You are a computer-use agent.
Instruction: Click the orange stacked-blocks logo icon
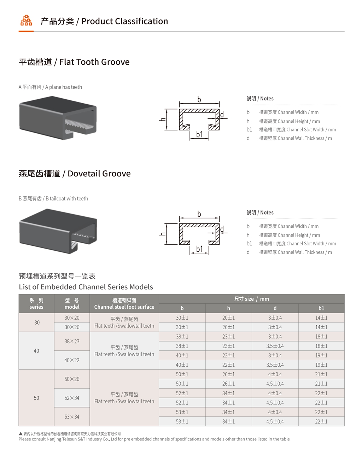point(26,20)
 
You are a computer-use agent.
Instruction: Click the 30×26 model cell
point(72,327)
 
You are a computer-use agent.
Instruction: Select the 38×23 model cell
point(72,341)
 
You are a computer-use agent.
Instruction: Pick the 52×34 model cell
point(72,398)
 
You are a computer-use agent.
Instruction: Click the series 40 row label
point(36,351)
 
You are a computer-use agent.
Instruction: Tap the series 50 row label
point(36,398)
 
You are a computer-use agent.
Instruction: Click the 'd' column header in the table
point(275,308)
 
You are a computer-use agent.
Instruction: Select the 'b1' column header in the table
point(321,308)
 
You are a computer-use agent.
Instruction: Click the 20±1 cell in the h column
point(228,318)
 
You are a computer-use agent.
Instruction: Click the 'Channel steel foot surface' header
point(124,307)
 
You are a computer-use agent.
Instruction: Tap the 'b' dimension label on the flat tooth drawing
point(199,100)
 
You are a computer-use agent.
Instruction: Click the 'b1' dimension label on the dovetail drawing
point(199,249)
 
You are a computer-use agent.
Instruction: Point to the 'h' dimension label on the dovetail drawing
point(162,234)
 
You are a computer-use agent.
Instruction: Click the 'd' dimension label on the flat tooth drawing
point(222,115)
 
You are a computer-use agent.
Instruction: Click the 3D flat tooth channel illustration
point(58,118)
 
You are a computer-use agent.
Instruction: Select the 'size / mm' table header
point(251,299)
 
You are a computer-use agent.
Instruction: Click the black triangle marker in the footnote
point(21,434)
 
